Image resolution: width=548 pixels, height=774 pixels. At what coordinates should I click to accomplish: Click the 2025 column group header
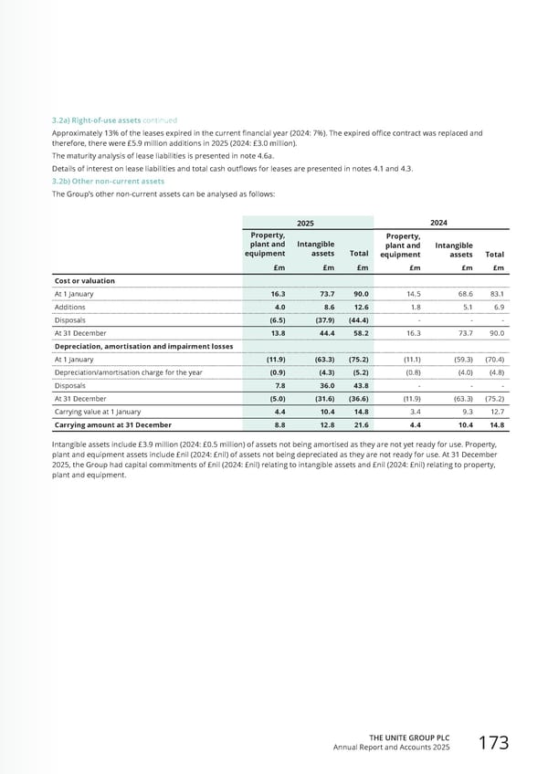click(308, 222)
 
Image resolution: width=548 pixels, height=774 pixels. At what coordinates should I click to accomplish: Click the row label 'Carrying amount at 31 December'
click(113, 425)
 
